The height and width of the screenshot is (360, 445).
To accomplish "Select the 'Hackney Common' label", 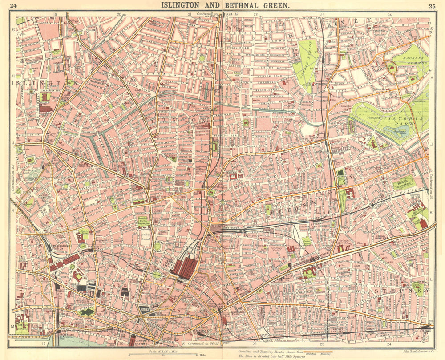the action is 410,62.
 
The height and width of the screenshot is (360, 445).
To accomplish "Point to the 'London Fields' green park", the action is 306,62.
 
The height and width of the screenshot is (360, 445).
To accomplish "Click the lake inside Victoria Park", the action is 397,131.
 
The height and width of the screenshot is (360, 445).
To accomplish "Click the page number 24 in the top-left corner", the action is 13,6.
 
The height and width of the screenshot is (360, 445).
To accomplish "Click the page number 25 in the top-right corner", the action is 432,6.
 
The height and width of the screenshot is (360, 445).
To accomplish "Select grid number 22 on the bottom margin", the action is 255,344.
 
